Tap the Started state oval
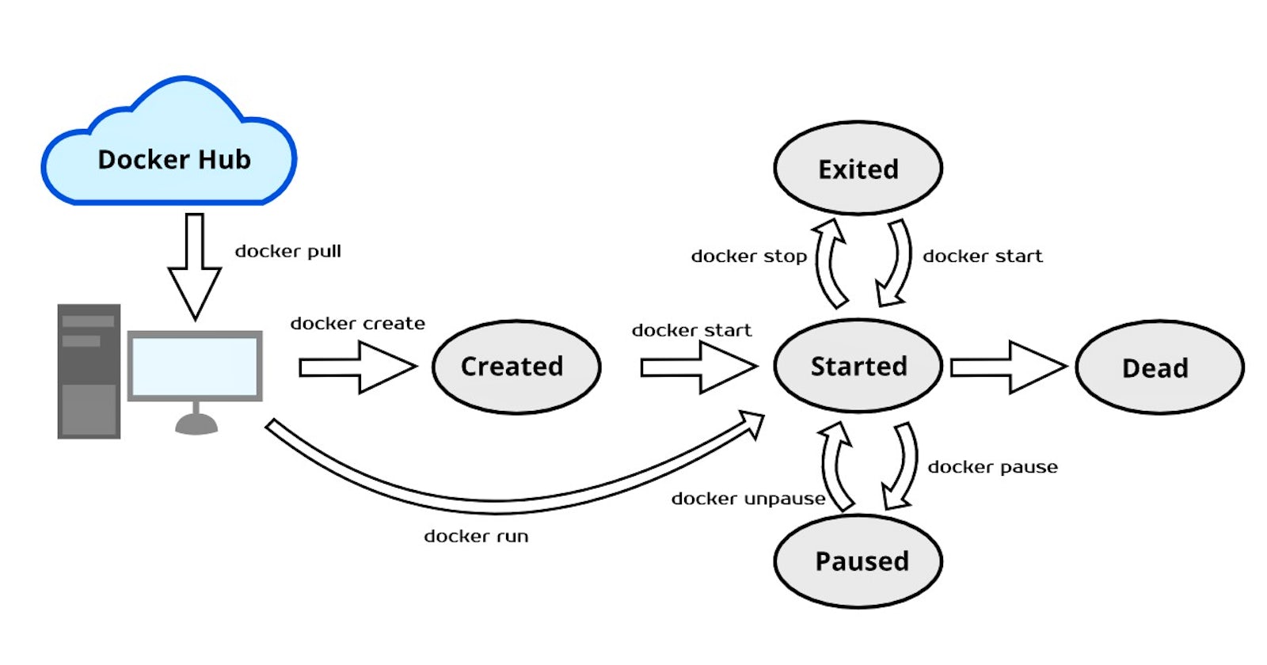858,367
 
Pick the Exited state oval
858,169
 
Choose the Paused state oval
858,561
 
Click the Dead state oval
1159,367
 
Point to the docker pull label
287,252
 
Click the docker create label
357,324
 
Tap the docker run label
476,537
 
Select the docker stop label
748,256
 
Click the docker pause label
992,467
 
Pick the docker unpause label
748,499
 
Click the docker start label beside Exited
982,256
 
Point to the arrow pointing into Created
356,367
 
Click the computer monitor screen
195,366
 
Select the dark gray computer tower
89,370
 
